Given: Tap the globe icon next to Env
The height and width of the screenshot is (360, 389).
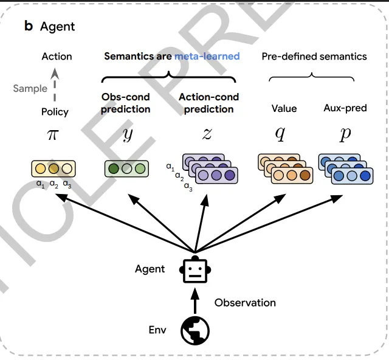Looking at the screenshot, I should coord(195,330).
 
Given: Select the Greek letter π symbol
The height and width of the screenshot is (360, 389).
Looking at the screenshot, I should coord(54,134).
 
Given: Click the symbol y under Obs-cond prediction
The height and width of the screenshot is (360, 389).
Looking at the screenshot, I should coord(127,134).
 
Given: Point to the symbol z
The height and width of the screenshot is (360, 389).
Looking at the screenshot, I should coord(207,134).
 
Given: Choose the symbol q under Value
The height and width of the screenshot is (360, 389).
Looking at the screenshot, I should coord(280,134).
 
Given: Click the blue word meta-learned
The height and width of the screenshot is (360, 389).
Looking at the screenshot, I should coord(207,57).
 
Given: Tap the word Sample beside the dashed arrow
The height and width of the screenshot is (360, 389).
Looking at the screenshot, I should coord(30,89).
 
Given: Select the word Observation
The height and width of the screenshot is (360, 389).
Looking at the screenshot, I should coord(245,302).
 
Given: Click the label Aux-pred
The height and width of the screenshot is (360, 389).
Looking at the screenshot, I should coord(345,108).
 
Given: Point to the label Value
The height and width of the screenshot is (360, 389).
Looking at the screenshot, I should coord(284,108).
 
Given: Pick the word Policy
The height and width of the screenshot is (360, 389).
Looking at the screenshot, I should coord(55,112).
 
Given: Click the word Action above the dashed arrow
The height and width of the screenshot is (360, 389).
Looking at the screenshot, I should coord(57,57).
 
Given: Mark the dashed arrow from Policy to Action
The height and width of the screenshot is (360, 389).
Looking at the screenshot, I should coord(55,85).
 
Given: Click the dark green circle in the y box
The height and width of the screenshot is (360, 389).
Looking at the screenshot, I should coord(113,168).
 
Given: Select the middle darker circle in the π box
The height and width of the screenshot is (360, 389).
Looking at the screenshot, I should coord(54,168).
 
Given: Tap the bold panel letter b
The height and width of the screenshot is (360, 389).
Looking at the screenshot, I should coord(29,27).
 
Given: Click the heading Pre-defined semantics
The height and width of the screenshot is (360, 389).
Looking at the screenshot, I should coord(314,57).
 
